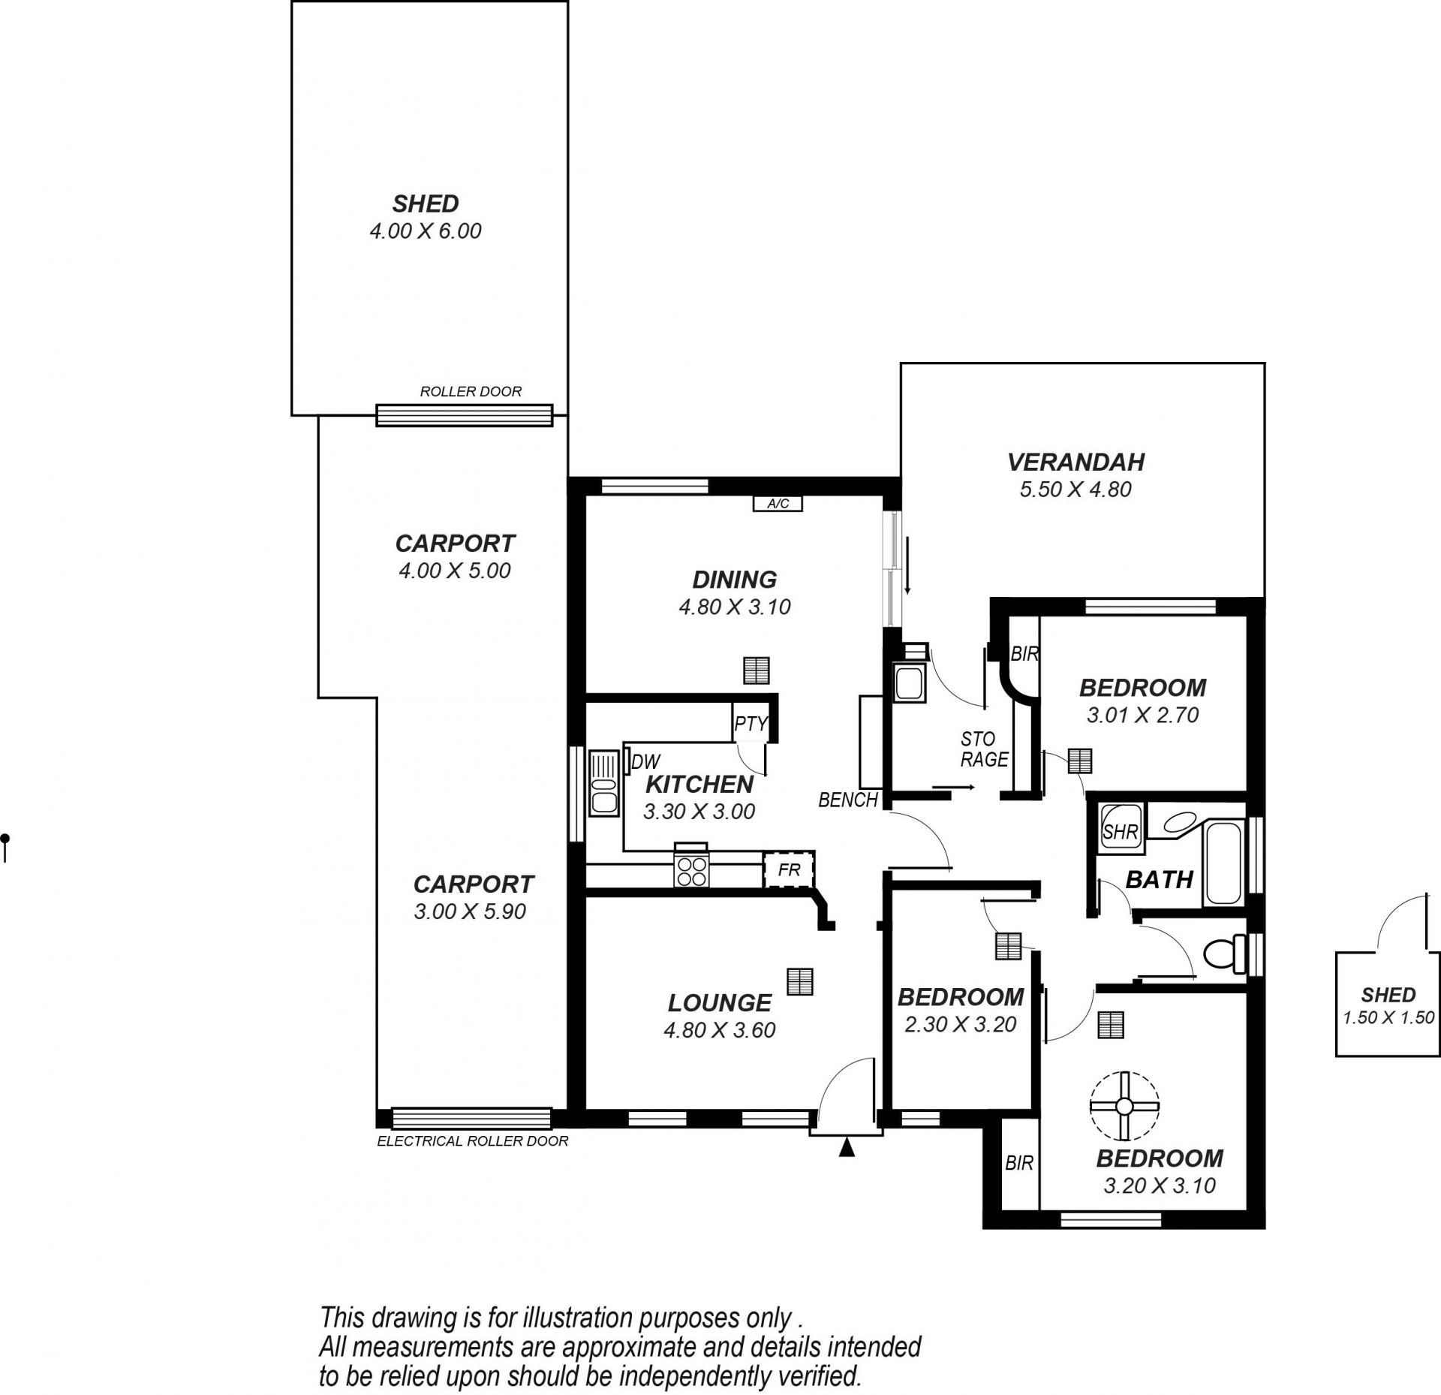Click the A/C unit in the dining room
pyautogui.click(x=778, y=504)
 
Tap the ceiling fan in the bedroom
pyautogui.click(x=1124, y=1106)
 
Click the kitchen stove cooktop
pyautogui.click(x=692, y=865)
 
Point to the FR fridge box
pyautogui.click(x=790, y=869)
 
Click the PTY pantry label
pyautogui.click(x=751, y=723)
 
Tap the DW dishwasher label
pyautogui.click(x=645, y=763)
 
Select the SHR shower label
pyautogui.click(x=1121, y=832)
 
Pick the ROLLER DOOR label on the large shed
pyautogui.click(x=471, y=391)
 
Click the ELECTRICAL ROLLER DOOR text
pyautogui.click(x=473, y=1141)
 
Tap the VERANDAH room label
pyautogui.click(x=1075, y=462)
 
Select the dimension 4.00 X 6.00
pyautogui.click(x=426, y=230)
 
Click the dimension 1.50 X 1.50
pyautogui.click(x=1388, y=1018)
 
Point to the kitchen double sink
pyautogui.click(x=603, y=783)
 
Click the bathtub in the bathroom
pyautogui.click(x=1223, y=863)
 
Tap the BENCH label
pyautogui.click(x=848, y=800)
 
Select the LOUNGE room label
pyautogui.click(x=720, y=1003)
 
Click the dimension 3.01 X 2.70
pyautogui.click(x=1143, y=715)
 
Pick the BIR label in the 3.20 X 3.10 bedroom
pyautogui.click(x=1019, y=1163)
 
